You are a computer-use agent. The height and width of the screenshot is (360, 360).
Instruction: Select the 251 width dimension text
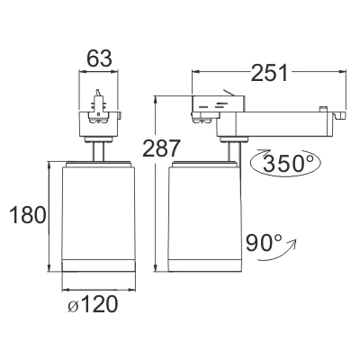click(x=269, y=72)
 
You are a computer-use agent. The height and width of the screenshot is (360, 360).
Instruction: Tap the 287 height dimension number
click(x=161, y=148)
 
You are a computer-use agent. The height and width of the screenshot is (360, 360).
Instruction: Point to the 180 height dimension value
click(x=28, y=215)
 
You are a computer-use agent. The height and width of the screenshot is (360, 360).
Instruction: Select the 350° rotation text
click(x=288, y=163)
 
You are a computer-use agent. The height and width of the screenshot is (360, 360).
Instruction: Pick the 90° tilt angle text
click(x=264, y=242)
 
